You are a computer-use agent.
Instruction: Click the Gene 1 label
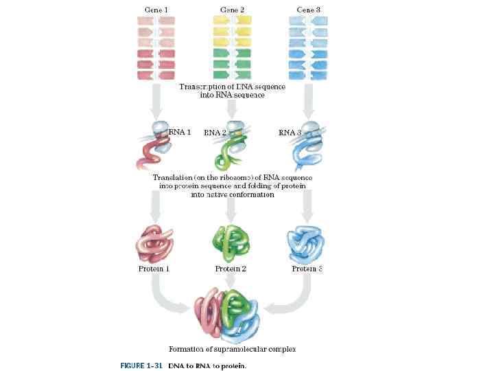[x=156, y=10]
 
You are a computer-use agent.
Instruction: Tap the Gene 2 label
[x=232, y=10]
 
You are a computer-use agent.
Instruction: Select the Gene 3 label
[x=308, y=10]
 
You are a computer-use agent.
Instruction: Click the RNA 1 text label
[x=180, y=132]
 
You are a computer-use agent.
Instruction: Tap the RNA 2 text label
[x=215, y=133]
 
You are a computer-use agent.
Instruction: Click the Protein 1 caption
[x=154, y=269]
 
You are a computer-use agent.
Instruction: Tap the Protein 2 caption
[x=231, y=269]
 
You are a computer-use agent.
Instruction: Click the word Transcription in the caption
[x=203, y=87]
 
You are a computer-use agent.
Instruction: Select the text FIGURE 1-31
[x=141, y=366]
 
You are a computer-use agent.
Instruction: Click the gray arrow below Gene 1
[x=156, y=103]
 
